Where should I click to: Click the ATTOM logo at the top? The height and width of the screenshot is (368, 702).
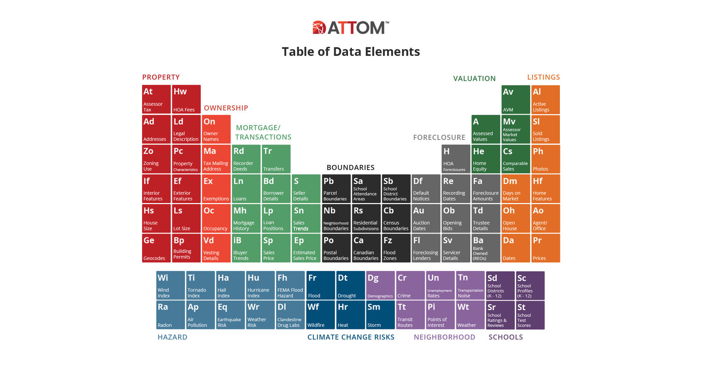tap(350, 27)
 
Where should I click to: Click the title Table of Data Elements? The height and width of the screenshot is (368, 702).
tap(350, 51)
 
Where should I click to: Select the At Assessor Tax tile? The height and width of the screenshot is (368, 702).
tap(156, 99)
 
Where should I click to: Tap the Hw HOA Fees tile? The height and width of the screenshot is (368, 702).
tap(186, 99)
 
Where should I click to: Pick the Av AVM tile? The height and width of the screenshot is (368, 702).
tap(515, 99)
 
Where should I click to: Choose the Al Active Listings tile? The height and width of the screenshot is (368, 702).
tap(545, 99)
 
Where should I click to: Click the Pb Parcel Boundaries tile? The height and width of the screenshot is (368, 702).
tap(336, 188)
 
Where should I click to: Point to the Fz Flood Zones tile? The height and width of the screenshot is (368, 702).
tap(396, 248)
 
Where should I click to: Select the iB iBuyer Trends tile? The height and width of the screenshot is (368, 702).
tap(246, 248)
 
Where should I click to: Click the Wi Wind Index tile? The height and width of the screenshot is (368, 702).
tap(170, 285)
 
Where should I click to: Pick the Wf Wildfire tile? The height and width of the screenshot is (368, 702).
tap(321, 315)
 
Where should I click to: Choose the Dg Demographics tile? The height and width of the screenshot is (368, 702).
tap(380, 285)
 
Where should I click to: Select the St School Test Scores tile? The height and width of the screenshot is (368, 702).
tap(530, 315)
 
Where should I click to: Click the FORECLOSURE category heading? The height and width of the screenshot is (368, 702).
tap(439, 137)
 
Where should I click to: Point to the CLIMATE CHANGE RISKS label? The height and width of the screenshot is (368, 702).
tap(350, 337)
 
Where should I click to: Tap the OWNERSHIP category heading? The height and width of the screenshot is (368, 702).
tap(226, 108)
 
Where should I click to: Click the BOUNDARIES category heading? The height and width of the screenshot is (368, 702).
tap(350, 168)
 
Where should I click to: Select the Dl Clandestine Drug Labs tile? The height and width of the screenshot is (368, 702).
tap(290, 315)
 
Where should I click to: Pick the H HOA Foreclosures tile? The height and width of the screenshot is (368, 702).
tap(455, 159)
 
